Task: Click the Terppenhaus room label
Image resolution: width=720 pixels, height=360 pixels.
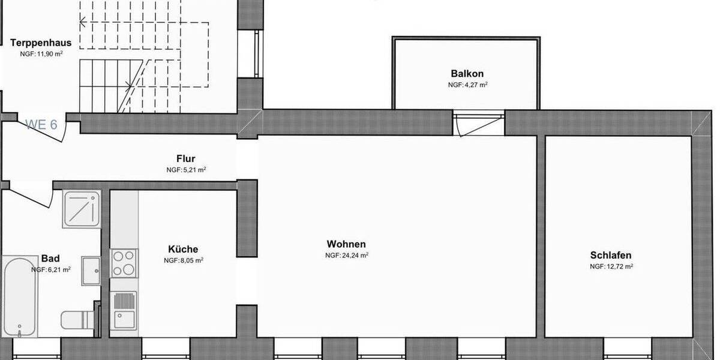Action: click(x=41, y=43)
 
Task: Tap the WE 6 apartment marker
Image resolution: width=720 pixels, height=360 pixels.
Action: click(x=41, y=125)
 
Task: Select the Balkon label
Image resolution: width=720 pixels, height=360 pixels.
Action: click(x=467, y=74)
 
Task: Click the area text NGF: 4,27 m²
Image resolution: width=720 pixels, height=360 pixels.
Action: click(x=467, y=85)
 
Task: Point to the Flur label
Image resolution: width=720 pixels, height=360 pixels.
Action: click(x=185, y=159)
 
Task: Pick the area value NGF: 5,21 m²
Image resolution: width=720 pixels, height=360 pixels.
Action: click(x=186, y=170)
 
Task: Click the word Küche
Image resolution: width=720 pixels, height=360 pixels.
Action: click(x=183, y=249)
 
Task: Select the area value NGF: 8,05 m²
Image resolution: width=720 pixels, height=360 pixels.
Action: click(x=183, y=261)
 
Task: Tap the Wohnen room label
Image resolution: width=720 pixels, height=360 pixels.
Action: click(x=346, y=244)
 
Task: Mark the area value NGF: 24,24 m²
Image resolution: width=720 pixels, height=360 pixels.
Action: click(x=346, y=256)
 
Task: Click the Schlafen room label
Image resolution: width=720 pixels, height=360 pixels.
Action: click(x=611, y=255)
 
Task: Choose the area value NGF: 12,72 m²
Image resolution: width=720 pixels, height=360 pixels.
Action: click(x=611, y=266)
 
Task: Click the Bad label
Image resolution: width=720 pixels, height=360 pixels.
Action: click(x=50, y=259)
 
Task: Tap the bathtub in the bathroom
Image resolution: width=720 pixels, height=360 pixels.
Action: click(x=20, y=297)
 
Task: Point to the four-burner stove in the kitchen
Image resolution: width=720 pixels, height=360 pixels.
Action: click(x=124, y=263)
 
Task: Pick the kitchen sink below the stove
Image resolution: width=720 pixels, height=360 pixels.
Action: click(x=124, y=311)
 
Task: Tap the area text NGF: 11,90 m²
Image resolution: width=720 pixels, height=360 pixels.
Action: click(x=41, y=53)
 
